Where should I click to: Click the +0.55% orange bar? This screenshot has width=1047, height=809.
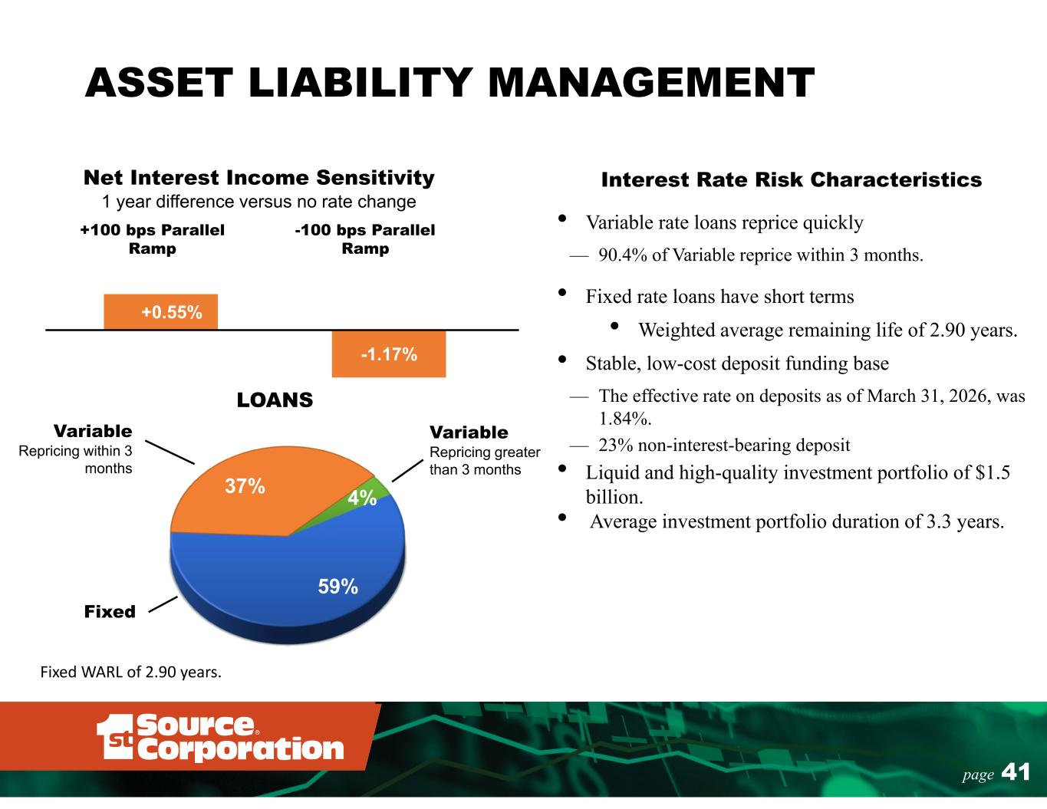[160, 311]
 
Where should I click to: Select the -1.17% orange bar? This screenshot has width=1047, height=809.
[389, 354]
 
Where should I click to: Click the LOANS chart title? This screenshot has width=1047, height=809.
[275, 400]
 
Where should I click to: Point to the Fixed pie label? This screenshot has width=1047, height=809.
[110, 612]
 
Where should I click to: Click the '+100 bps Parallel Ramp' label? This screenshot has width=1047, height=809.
[152, 238]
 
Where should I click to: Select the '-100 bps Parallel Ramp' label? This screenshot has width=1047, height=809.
[365, 238]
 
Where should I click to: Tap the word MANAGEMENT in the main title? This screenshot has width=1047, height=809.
[651, 83]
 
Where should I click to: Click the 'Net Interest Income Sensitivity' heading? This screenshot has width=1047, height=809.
[258, 177]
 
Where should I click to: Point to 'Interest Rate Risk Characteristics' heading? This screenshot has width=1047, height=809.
[791, 179]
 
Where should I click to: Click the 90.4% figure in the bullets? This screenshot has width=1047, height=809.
[623, 255]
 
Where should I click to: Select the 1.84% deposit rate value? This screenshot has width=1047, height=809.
[625, 419]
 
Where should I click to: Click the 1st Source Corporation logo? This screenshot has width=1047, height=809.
[220, 737]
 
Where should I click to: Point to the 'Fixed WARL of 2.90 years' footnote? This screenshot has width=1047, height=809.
[130, 672]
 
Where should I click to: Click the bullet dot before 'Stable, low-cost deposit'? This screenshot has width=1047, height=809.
[561, 359]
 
